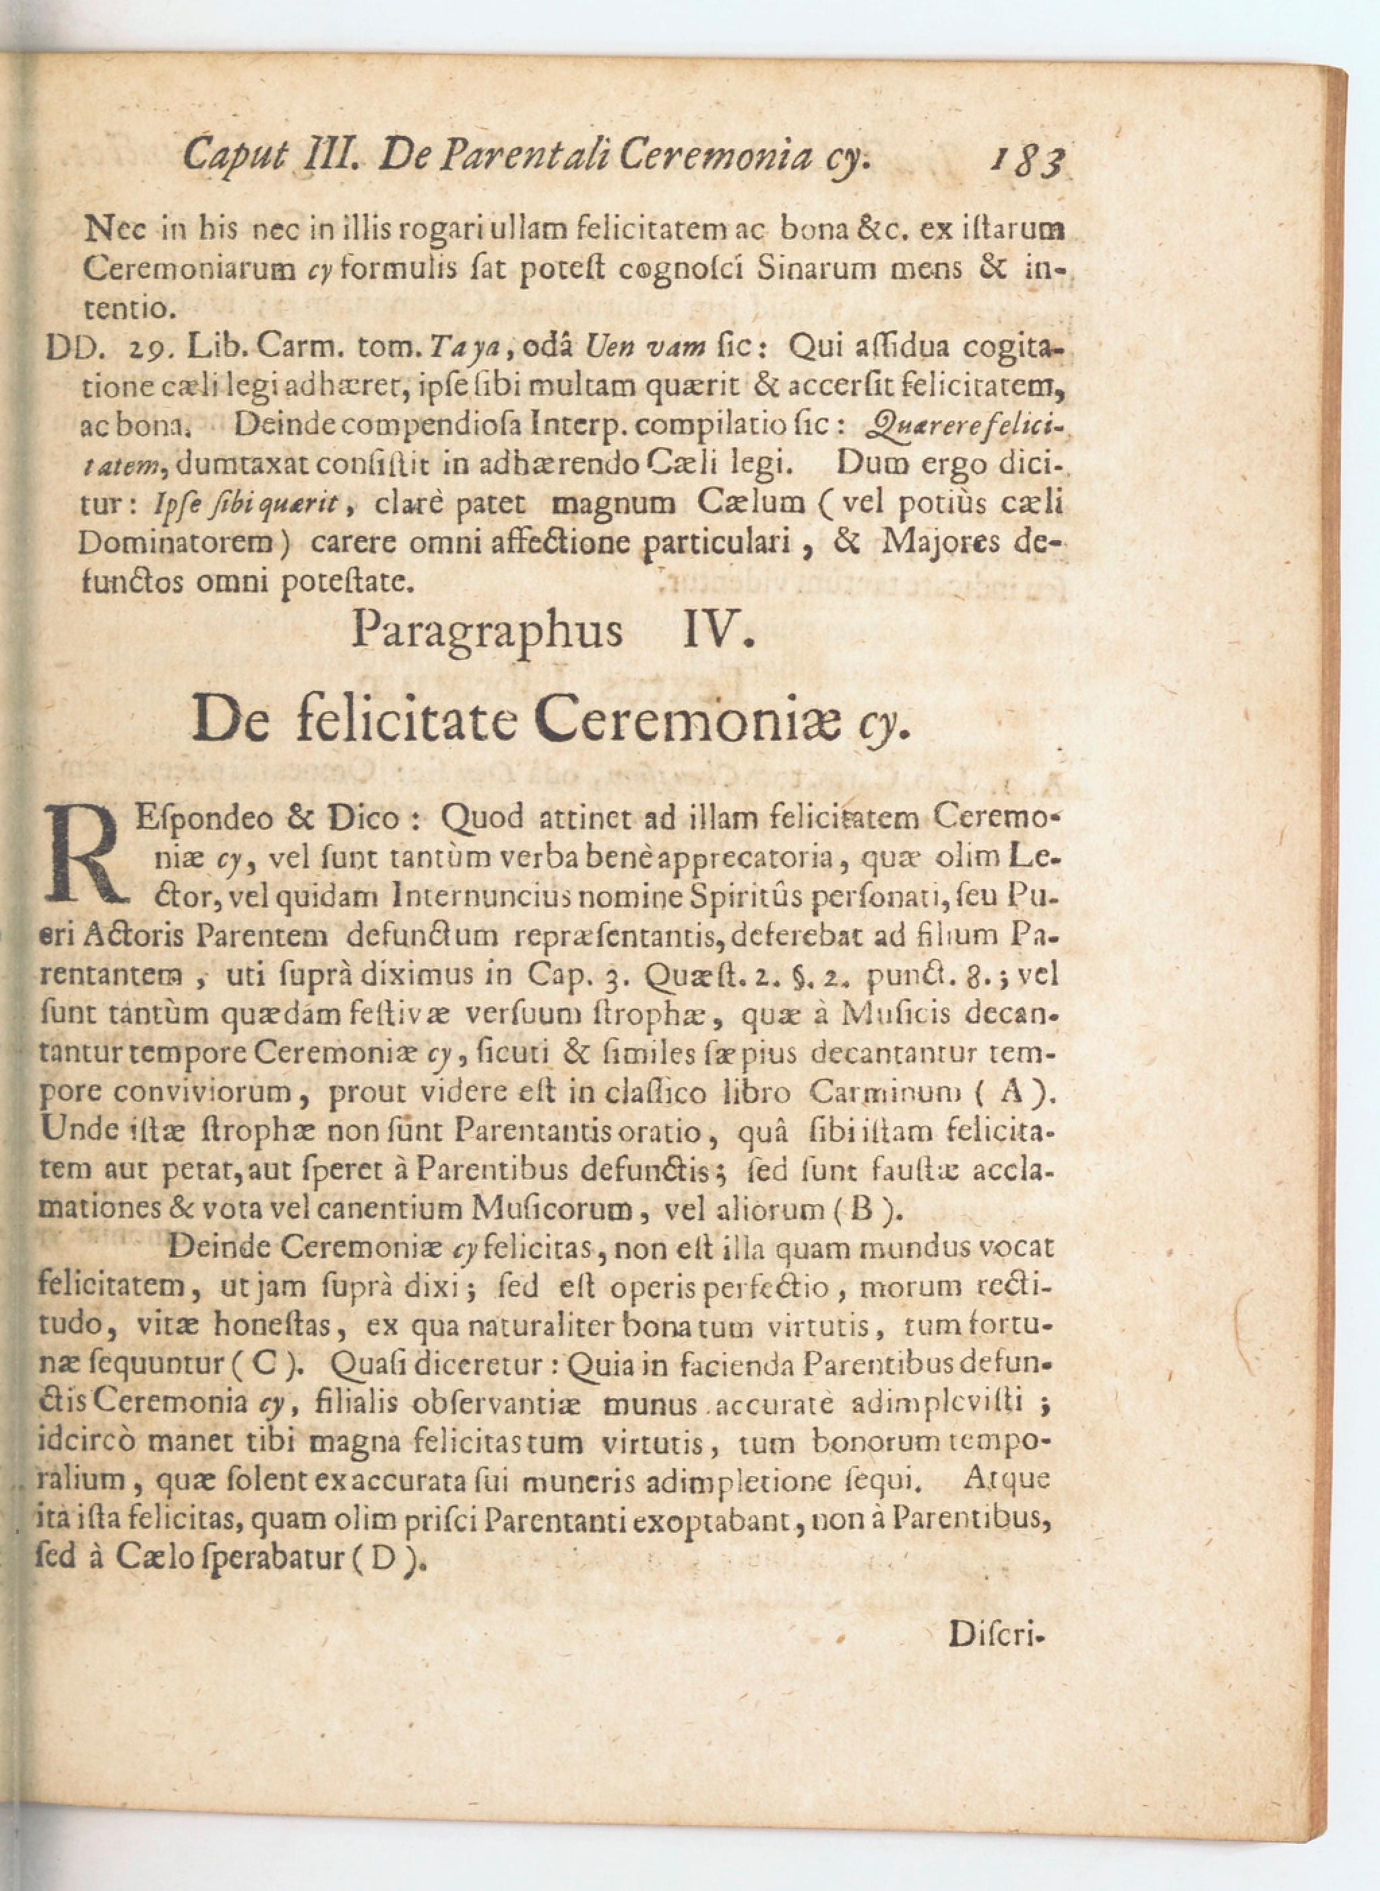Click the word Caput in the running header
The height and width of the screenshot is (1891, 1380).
pos(237,156)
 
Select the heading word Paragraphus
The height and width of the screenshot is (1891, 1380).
pos(487,631)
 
